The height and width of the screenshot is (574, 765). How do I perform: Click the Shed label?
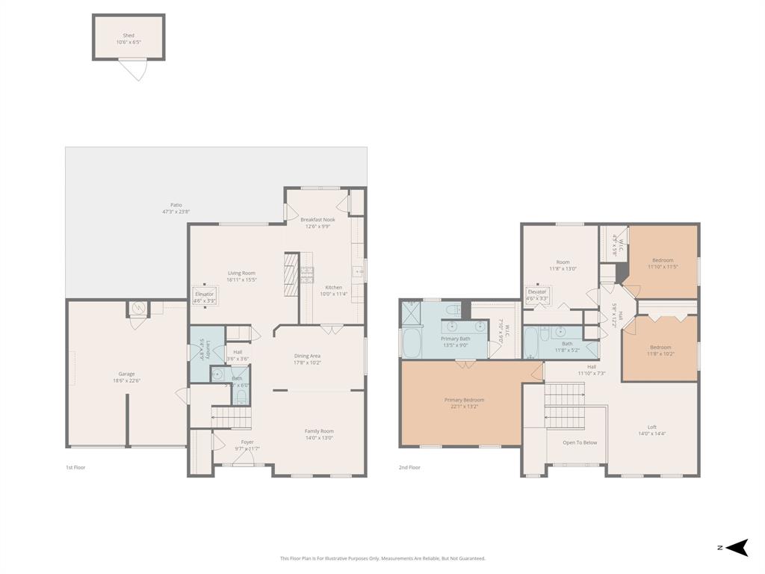coord(128,35)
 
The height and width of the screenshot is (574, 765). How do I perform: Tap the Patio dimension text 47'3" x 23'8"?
coord(176,212)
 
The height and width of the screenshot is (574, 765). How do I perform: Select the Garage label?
coord(126,374)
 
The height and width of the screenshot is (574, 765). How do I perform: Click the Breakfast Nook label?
coord(318,220)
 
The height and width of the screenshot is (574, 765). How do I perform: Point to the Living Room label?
coord(241,273)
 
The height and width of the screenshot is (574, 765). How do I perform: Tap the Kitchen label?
coord(333,287)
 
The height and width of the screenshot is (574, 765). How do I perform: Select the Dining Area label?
coord(307,356)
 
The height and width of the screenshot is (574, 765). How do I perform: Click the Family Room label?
coord(319,430)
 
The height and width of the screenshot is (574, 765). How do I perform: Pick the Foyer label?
coord(247,442)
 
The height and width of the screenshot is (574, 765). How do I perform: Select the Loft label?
coord(651,427)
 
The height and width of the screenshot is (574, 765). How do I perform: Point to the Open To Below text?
coord(580,442)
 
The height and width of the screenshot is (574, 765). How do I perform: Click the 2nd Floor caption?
coord(409,467)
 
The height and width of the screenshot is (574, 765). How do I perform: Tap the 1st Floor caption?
coord(75,467)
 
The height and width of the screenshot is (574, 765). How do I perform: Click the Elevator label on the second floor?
coord(537,291)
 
